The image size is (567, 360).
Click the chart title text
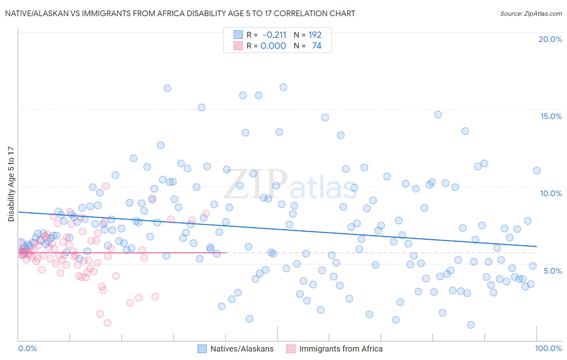pos(180,14)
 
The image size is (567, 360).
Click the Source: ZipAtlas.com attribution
pos(531,14)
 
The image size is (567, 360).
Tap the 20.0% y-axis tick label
pos(550,39)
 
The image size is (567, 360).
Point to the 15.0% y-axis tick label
pos(551,116)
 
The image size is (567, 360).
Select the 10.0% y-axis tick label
pos(551,193)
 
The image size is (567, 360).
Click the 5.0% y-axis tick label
pos(552,271)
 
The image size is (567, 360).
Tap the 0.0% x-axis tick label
pos(27,348)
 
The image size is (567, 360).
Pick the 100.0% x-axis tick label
pos(548,348)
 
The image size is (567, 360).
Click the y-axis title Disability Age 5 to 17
pos(11,184)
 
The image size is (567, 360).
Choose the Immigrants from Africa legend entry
pos(335,349)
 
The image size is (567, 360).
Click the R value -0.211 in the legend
pos(274,35)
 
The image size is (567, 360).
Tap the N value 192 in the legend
pos(315,35)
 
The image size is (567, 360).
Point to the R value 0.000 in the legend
pos(273,46)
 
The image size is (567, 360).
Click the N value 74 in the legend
pos(317,46)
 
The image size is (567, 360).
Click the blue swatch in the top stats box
pos(238,35)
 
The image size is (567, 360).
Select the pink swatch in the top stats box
pos(238,46)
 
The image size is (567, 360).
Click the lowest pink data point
pos(107,323)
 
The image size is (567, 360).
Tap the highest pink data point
pos(106,186)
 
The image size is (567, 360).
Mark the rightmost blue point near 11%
pos(537,170)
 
